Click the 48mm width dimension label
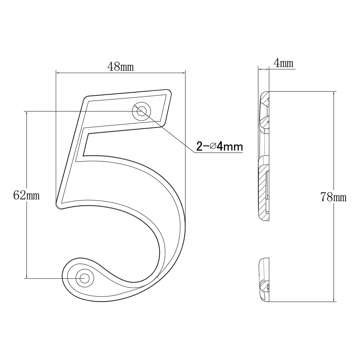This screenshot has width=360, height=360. pyautogui.click(x=121, y=67)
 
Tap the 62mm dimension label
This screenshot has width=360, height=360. pyautogui.click(x=26, y=196)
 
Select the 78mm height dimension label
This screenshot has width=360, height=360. pyautogui.click(x=333, y=197)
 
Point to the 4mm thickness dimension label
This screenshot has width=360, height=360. pyautogui.click(x=283, y=63)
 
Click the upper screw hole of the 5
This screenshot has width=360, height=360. pyautogui.click(x=141, y=111)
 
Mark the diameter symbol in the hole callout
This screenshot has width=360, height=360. pyautogui.click(x=212, y=147)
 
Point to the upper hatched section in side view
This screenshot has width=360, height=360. pyautogui.click(x=264, y=108)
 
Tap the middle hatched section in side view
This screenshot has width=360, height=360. pyautogui.click(x=264, y=191)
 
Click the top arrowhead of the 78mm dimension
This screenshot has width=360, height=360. pyautogui.click(x=334, y=93)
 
